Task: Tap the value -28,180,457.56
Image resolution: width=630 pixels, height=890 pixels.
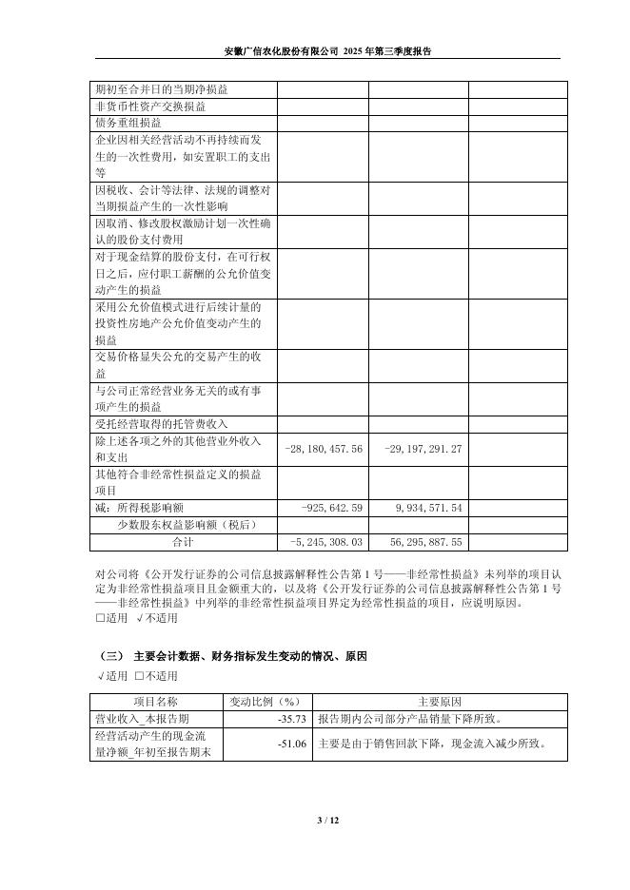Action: (325, 449)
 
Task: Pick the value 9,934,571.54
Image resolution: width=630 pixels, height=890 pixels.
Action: (428, 508)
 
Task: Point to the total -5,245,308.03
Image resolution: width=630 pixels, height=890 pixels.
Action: (326, 541)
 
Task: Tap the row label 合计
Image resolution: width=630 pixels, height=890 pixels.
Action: (183, 541)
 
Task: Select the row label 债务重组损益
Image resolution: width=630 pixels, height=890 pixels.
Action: (128, 123)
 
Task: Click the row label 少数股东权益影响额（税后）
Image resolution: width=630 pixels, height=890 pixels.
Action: (187, 524)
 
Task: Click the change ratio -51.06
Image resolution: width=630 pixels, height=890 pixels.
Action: (291, 744)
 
